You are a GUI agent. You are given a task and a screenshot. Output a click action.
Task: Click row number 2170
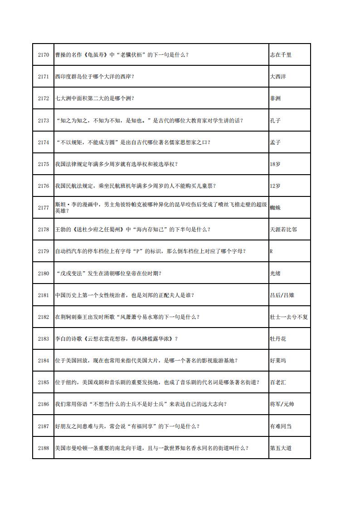(x=43, y=55)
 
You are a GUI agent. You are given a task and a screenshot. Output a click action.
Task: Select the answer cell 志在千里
(x=281, y=55)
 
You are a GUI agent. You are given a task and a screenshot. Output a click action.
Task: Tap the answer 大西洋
(x=278, y=77)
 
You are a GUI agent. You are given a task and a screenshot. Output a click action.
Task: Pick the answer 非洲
(x=275, y=98)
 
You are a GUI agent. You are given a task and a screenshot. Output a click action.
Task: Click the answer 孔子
(x=275, y=120)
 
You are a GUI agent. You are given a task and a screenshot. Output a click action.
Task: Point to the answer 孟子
(x=275, y=142)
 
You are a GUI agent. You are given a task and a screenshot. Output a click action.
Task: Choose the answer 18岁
(x=275, y=164)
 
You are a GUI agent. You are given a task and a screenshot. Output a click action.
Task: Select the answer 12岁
(x=275, y=186)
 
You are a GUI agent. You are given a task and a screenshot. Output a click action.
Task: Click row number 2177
(x=43, y=208)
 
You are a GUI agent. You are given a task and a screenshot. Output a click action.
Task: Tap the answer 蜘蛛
(x=275, y=208)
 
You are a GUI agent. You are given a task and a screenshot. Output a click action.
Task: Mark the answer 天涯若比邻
(x=283, y=230)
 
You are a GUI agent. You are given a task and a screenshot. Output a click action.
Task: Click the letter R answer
(x=271, y=251)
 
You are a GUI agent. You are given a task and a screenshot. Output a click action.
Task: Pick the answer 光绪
(x=275, y=273)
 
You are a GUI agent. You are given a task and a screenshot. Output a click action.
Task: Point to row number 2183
(x=43, y=339)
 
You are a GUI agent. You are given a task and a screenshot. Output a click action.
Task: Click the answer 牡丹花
(x=278, y=339)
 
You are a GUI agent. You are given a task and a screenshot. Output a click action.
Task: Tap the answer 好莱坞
(x=278, y=361)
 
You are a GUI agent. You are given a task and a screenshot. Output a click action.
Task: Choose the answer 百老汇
(x=278, y=382)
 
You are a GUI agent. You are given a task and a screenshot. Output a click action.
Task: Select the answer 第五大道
(x=281, y=448)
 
